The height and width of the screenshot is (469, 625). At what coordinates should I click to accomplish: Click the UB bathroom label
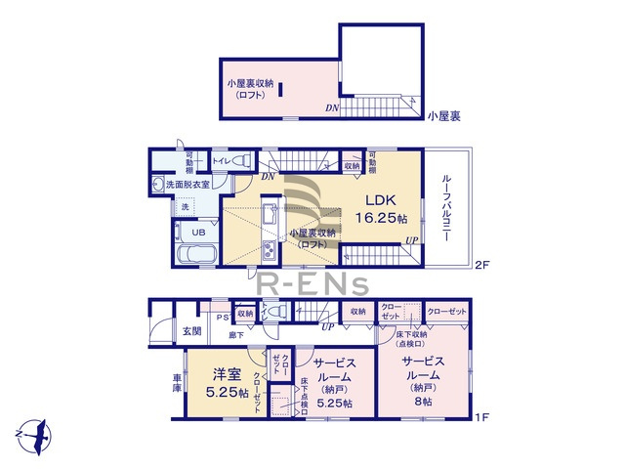197,233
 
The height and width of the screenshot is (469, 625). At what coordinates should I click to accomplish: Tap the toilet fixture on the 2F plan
242,160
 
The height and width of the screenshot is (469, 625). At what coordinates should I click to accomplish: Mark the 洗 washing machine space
183,207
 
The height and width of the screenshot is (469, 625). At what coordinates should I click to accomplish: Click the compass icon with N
35,430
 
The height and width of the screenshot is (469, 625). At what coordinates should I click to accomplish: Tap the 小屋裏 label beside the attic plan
443,114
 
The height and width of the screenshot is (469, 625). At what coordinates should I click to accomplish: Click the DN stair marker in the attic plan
332,107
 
